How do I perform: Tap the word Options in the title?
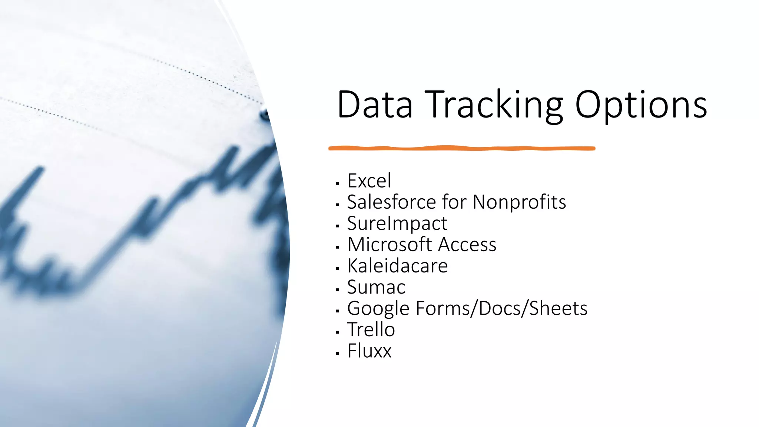641,105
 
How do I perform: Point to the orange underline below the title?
461,148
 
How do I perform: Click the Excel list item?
369,181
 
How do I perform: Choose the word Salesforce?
391,202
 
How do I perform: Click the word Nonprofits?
519,202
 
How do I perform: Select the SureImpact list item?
397,224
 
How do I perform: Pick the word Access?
468,245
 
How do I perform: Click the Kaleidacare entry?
398,266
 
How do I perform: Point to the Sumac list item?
376,287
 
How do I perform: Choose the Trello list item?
371,330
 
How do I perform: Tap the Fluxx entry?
369,351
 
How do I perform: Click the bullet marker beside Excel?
337,183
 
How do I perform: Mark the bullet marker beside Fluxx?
337,354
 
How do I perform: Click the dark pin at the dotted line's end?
265,114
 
